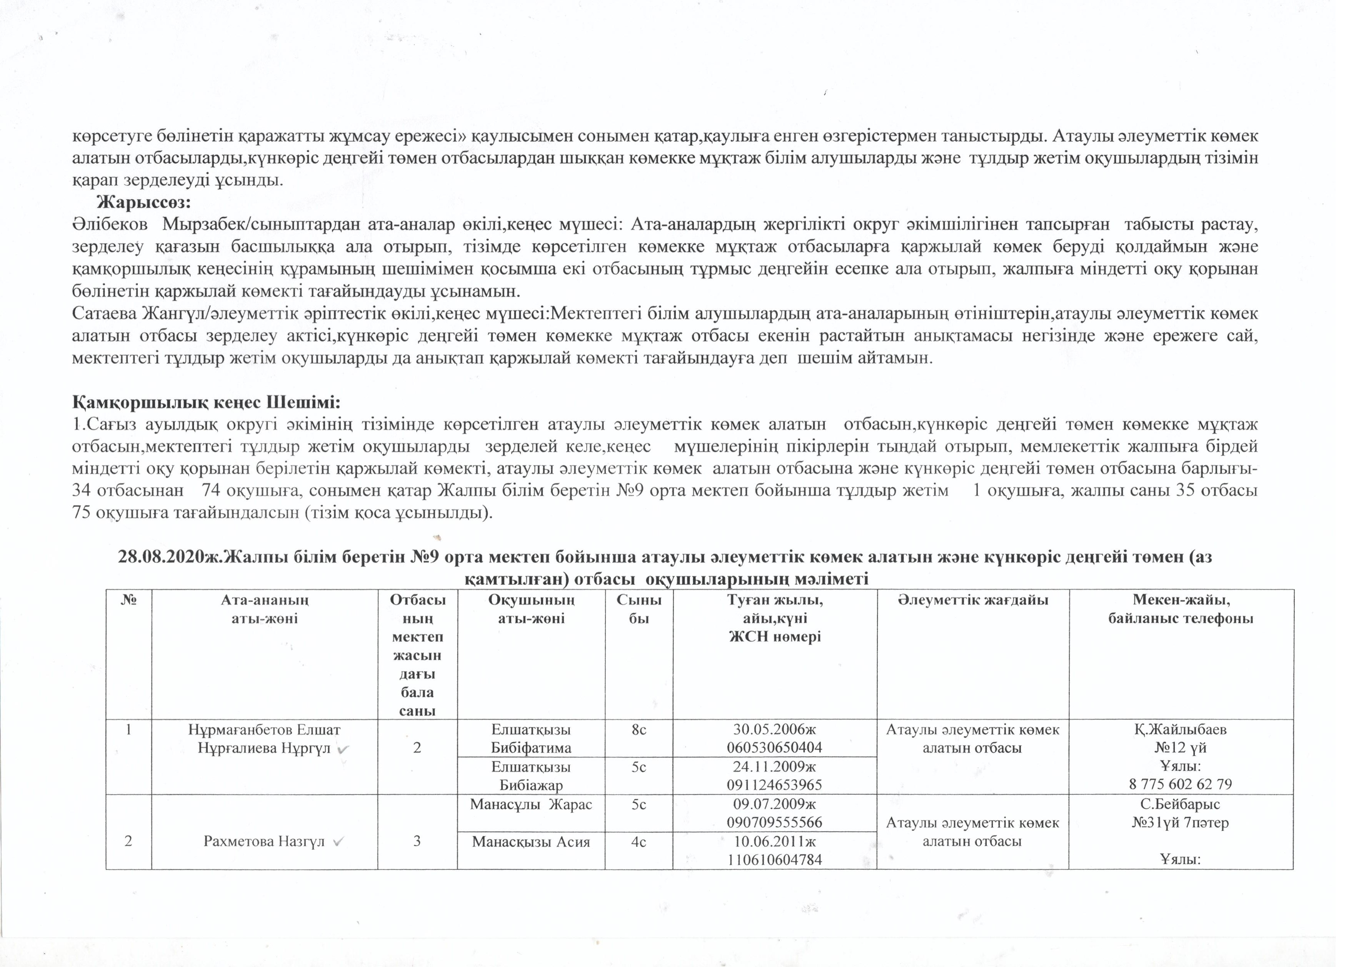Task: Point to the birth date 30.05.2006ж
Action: pyautogui.click(x=774, y=729)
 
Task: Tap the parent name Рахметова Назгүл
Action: pyautogui.click(x=264, y=842)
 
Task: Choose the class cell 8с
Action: pyautogui.click(x=639, y=729)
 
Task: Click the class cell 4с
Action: pyautogui.click(x=639, y=842)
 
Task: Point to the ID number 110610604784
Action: pyautogui.click(x=774, y=859)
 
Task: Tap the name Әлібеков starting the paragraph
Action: pyautogui.click(x=110, y=225)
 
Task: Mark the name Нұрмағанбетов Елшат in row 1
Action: pyautogui.click(x=264, y=729)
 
